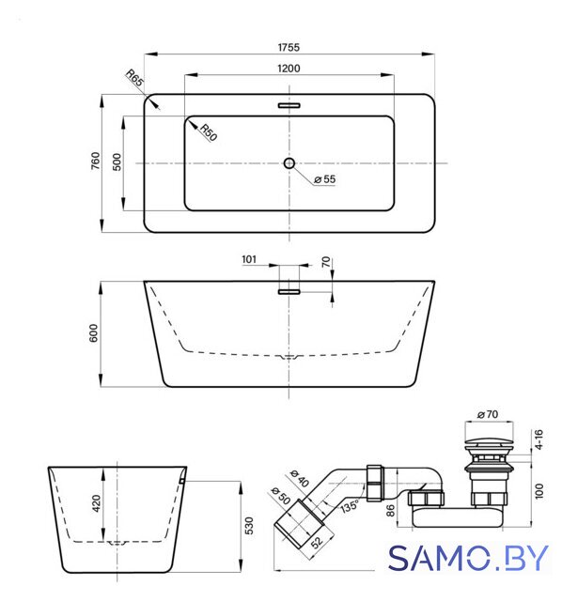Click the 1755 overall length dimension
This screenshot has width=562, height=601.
point(289,47)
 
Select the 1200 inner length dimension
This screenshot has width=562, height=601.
point(289,69)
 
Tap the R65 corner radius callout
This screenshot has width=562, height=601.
point(135,77)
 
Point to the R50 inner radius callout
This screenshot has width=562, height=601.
point(209,132)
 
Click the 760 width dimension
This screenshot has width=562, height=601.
point(95,161)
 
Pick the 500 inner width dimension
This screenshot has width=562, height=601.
point(117,162)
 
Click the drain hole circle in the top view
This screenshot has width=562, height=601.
point(289,163)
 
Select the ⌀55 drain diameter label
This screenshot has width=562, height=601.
point(324,179)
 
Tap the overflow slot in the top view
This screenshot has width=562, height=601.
point(289,105)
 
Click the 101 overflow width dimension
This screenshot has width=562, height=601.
point(249,259)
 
